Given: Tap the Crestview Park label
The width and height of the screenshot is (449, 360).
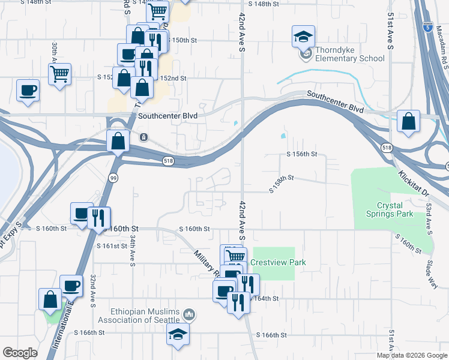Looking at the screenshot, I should [279, 262].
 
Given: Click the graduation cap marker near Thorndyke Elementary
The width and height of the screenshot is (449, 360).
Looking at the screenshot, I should [303, 37].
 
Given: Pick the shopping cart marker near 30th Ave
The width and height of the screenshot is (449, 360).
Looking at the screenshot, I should [59, 74].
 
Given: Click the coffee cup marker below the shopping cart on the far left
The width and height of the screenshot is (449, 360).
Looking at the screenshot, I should [28, 90].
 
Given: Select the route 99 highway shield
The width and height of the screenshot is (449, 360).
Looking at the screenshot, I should [112, 177].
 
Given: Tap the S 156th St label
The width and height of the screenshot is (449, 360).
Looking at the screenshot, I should [301, 154].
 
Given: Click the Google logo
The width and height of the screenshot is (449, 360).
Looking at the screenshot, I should [20, 352].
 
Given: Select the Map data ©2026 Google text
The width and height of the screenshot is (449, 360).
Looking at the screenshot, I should [412, 355].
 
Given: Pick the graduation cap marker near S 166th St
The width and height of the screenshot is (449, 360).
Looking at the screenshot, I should [178, 336].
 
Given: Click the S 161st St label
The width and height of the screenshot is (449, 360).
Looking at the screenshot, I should [112, 246].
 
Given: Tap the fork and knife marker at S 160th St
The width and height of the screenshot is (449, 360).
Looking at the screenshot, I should [99, 218].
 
